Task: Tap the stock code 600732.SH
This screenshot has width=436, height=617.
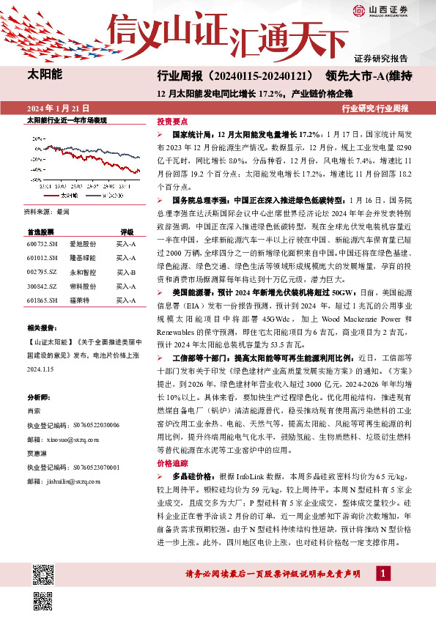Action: point(40,243)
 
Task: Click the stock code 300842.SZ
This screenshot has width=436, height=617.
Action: point(40,287)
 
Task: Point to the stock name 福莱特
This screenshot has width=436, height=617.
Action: point(79,301)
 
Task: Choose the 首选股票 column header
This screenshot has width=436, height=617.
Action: point(41,230)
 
